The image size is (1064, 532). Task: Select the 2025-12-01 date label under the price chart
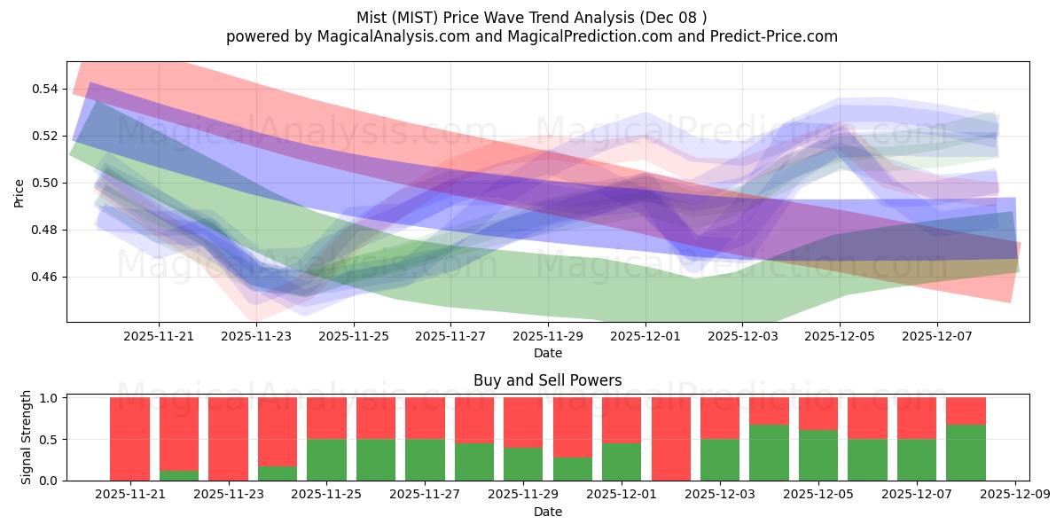(645, 337)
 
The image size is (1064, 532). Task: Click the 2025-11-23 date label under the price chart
(256, 337)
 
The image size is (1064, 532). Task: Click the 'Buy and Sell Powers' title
(547, 380)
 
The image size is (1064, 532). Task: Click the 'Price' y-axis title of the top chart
(20, 192)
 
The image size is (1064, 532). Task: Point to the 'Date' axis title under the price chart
(547, 353)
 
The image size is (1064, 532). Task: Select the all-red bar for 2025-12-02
(670, 439)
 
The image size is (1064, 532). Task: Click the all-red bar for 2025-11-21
(129, 439)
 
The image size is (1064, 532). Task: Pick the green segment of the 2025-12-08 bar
(966, 452)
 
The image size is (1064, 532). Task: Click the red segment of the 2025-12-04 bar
(769, 411)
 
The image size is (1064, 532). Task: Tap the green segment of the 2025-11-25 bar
(326, 459)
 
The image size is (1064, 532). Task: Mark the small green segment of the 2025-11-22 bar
(179, 475)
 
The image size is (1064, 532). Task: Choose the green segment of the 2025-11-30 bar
(572, 469)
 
